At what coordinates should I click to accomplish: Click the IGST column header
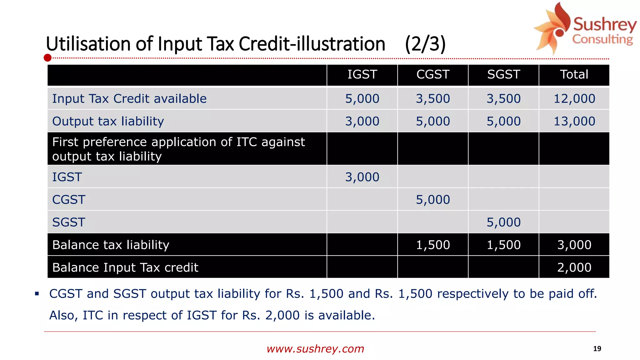coord(362,75)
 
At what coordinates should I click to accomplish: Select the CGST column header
coord(433,75)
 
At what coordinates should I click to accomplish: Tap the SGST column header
coord(503,75)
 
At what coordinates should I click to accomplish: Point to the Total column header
coord(574,75)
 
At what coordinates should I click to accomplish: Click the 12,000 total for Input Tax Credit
coord(574,99)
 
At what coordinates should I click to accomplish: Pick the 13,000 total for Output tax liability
coord(574,121)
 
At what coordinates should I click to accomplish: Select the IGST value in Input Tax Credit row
coord(362,99)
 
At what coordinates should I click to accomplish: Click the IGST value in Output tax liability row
coord(362,121)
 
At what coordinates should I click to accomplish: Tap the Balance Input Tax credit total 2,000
coord(574,267)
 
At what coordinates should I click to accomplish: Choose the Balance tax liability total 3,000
coord(574,245)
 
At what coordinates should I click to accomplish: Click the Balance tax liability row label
coord(111,245)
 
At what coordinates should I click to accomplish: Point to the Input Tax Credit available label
coord(129,99)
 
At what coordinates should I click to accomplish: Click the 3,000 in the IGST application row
coord(362,177)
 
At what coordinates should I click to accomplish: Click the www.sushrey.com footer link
coord(315,349)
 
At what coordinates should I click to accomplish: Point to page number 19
coord(597,349)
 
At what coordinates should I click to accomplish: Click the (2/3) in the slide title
coord(425,44)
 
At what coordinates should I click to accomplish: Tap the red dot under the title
coord(47,58)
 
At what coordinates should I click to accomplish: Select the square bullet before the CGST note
coord(37,294)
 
